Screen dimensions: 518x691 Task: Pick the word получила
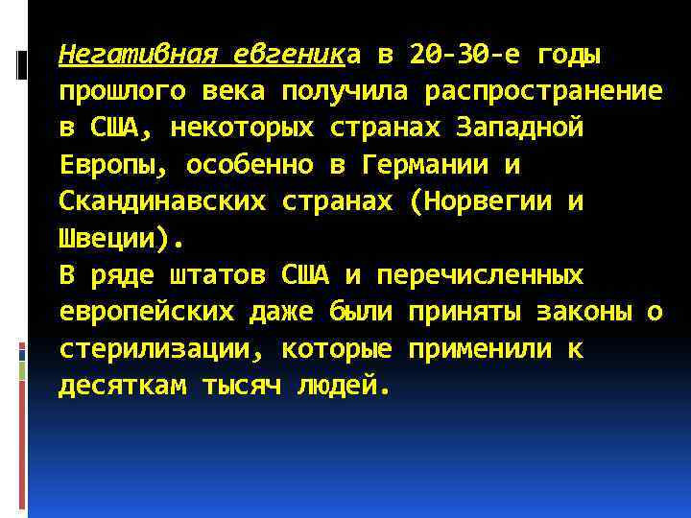[337, 92]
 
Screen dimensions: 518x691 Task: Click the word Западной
[520, 129]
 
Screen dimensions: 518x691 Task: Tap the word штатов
[217, 276]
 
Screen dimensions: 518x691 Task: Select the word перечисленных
[480, 276]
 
